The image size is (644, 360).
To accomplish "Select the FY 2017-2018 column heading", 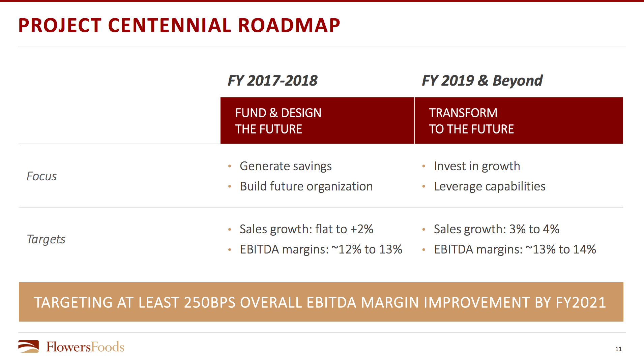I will pyautogui.click(x=272, y=81).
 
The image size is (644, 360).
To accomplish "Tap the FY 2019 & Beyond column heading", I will pyautogui.click(x=482, y=81).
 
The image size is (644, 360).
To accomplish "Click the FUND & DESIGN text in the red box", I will pyautogui.click(x=278, y=113).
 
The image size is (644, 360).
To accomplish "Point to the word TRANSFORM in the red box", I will pyautogui.click(x=463, y=113).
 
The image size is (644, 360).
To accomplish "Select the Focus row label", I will pyautogui.click(x=41, y=176).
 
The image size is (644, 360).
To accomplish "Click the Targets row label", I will pyautogui.click(x=46, y=239).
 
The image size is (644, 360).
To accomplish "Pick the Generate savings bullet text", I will pyautogui.click(x=286, y=166).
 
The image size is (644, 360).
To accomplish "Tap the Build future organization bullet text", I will pyautogui.click(x=306, y=186).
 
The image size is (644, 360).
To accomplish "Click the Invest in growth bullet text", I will pyautogui.click(x=477, y=166).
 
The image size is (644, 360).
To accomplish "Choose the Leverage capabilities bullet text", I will pyautogui.click(x=490, y=186).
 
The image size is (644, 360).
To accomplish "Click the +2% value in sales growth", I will pyautogui.click(x=361, y=229).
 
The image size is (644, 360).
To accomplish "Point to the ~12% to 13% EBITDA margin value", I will pyautogui.click(x=367, y=249).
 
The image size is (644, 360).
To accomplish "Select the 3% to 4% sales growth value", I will pyautogui.click(x=534, y=229).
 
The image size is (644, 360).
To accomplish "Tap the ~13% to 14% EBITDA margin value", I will pyautogui.click(x=561, y=249).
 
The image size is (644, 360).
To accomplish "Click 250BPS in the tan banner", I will pyautogui.click(x=209, y=302).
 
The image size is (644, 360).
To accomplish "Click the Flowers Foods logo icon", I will pyautogui.click(x=29, y=347).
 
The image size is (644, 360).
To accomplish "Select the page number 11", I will pyautogui.click(x=618, y=349).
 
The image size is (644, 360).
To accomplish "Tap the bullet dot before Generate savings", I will pyautogui.click(x=230, y=166).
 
